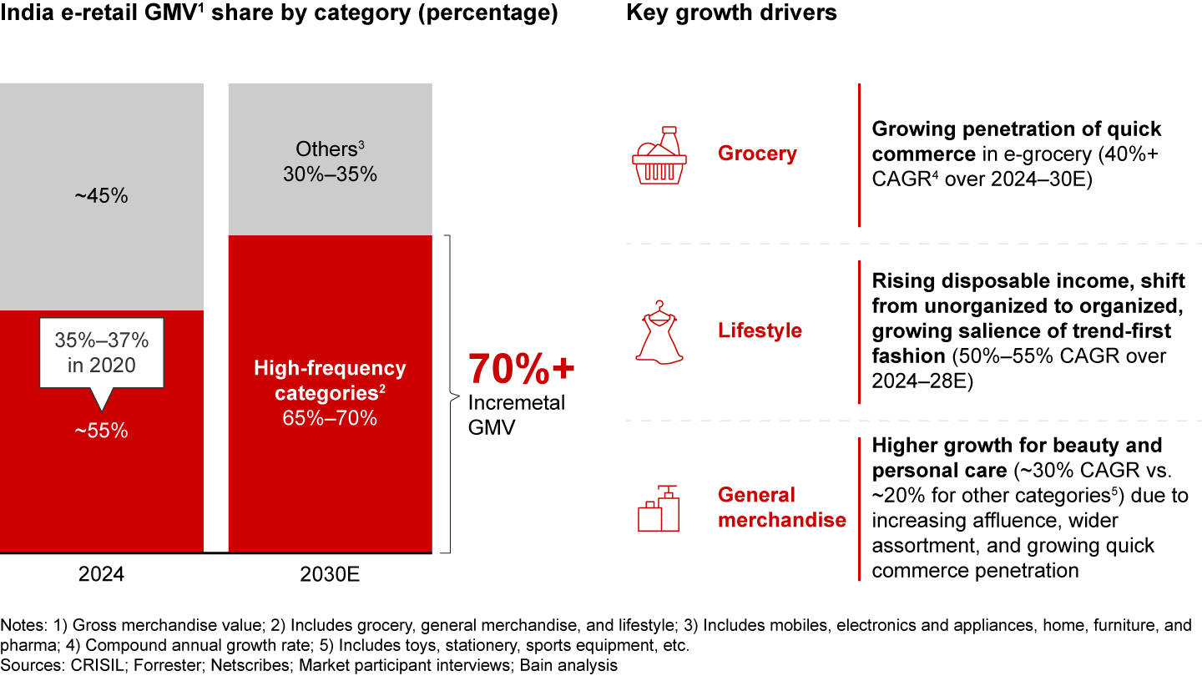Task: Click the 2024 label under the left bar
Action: (x=101, y=574)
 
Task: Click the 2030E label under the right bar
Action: (x=330, y=574)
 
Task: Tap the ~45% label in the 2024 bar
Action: (x=101, y=197)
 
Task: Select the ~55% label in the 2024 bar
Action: (x=101, y=431)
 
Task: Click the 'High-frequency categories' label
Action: (x=330, y=380)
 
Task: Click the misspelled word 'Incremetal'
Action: (x=516, y=403)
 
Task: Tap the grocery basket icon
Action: (x=659, y=156)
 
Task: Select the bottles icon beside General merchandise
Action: (x=659, y=508)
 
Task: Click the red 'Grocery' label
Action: (x=757, y=154)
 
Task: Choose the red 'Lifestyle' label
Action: (x=760, y=330)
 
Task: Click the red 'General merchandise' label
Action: (x=781, y=507)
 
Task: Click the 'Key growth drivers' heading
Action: (x=731, y=14)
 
